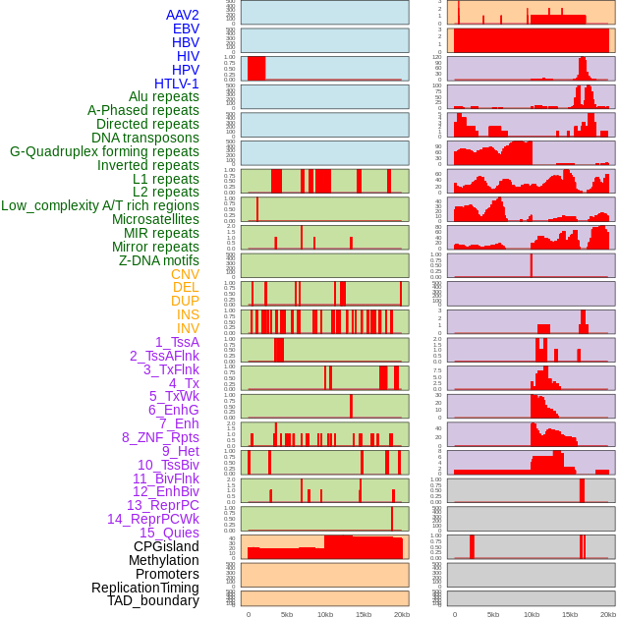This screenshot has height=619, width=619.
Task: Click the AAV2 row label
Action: point(182,15)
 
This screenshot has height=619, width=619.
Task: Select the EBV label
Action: point(186,28)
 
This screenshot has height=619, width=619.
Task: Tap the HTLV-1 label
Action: point(176,84)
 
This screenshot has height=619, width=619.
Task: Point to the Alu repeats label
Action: point(164,96)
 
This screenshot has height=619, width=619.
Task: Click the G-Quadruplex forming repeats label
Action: point(104,151)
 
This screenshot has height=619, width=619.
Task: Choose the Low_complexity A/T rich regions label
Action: point(100,205)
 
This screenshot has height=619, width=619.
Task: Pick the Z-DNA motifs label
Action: point(158,260)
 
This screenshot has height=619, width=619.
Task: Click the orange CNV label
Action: point(185,274)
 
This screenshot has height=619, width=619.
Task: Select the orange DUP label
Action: point(185,301)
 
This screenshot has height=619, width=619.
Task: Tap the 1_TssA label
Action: point(177,342)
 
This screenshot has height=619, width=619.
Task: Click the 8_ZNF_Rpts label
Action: point(160,437)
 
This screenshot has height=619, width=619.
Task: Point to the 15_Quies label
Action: point(169,533)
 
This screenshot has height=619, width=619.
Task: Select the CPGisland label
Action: point(166,546)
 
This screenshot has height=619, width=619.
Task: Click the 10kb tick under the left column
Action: point(324,614)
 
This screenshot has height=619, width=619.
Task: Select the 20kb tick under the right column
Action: point(608,614)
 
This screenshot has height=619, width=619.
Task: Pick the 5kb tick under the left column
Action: point(286,614)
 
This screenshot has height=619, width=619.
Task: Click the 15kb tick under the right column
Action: point(570,614)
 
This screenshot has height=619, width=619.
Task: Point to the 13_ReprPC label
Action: point(162,505)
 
